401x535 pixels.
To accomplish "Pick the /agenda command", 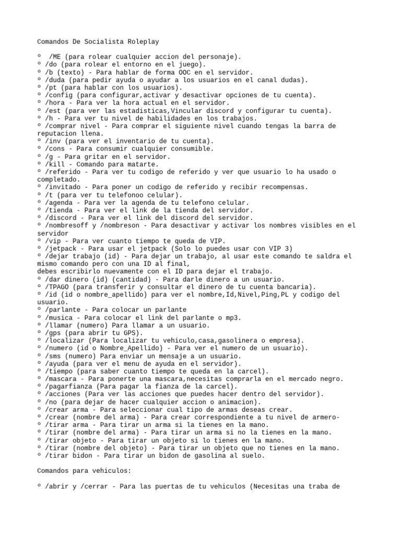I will (62, 202).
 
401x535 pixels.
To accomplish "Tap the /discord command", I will (64, 217).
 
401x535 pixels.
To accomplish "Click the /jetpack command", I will (64, 248).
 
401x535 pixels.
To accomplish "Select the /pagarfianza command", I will (71, 386).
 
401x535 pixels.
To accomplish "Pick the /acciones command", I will (65, 394).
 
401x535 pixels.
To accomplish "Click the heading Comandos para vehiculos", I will (84, 471).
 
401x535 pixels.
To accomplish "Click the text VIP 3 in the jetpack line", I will (281, 248).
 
